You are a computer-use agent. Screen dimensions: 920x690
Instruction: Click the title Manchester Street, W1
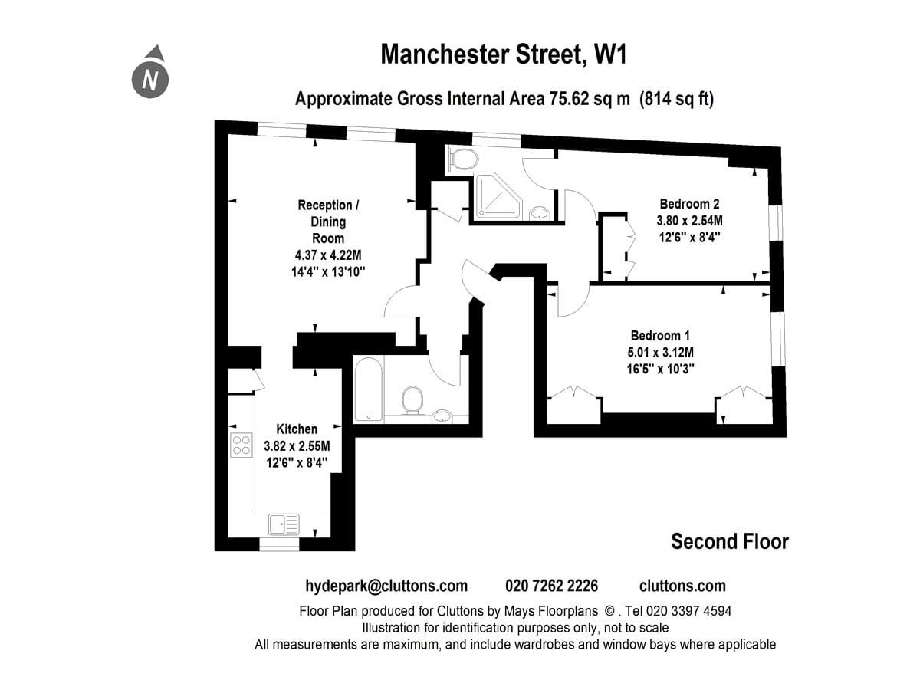(x=504, y=54)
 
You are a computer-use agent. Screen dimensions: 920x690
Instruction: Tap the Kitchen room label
(x=297, y=429)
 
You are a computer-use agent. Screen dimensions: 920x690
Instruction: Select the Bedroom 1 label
(x=660, y=336)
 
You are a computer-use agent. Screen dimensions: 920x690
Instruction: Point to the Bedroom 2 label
(x=689, y=204)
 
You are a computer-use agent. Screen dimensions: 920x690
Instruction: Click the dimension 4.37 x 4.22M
(x=328, y=255)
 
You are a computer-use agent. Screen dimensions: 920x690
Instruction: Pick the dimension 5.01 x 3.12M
(x=661, y=353)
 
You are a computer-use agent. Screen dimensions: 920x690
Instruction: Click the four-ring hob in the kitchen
(x=242, y=445)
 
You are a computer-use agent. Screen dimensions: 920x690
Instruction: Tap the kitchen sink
(x=284, y=524)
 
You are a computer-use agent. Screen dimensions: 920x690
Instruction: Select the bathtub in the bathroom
(x=369, y=389)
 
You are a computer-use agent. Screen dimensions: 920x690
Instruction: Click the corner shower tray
(x=498, y=196)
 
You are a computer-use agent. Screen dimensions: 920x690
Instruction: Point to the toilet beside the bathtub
(x=412, y=400)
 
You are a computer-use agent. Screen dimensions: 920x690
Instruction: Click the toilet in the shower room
(x=465, y=159)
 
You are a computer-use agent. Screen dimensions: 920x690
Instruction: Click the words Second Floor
(x=730, y=542)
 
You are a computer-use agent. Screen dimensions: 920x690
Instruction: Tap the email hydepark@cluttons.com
(x=386, y=586)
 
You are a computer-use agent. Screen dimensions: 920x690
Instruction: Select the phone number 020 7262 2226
(x=551, y=586)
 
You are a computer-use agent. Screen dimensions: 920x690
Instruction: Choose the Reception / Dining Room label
(x=328, y=222)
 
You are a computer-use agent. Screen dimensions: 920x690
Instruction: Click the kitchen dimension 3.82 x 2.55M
(x=297, y=445)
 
